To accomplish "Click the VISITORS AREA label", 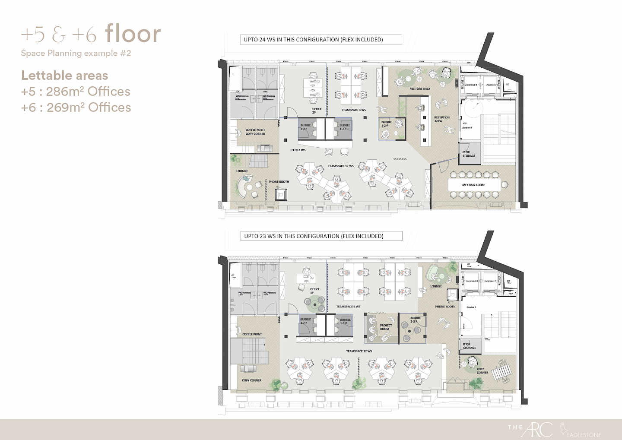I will click(420, 89).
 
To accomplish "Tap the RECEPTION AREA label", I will click(441, 119).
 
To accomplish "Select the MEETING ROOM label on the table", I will click(473, 185).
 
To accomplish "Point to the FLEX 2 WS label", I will click(298, 150).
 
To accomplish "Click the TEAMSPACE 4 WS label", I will click(354, 110).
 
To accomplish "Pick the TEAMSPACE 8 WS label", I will click(348, 307).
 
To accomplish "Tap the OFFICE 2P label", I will click(317, 111).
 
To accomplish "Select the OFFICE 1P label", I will click(315, 291).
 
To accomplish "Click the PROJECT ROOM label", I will click(386, 327).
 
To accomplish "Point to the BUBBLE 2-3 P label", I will click(415, 320).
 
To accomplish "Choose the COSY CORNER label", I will click(482, 371).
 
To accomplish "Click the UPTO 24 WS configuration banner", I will click(320, 40).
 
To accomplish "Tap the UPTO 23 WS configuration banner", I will click(321, 236).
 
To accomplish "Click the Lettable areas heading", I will click(64, 76).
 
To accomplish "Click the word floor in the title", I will click(133, 34).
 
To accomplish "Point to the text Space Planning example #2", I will click(76, 54).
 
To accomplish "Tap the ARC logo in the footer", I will click(538, 429).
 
